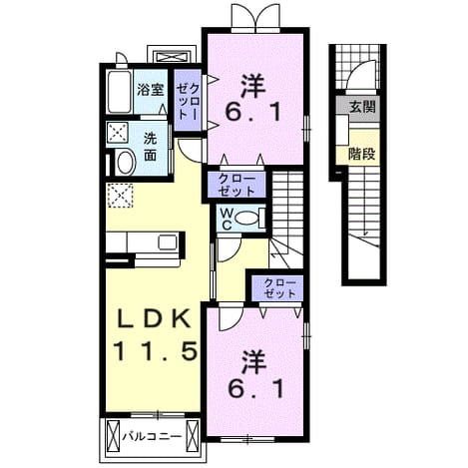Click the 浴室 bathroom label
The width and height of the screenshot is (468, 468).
(151, 90)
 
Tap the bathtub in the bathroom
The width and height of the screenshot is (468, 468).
(119, 92)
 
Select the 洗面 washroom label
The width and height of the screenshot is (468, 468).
(151, 147)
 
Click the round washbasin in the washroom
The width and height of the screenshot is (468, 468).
(125, 163)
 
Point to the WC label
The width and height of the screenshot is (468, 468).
(227, 219)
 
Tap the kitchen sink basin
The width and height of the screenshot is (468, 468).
(168, 241)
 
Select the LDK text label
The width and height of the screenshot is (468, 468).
(155, 320)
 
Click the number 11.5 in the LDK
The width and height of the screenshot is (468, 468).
(156, 352)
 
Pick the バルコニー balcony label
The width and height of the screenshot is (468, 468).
(152, 436)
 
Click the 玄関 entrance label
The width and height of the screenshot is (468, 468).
(362, 107)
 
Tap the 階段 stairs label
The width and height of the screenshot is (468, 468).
(362, 154)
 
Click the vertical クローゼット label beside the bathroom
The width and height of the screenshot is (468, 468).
(188, 101)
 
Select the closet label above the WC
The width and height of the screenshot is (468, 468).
(236, 185)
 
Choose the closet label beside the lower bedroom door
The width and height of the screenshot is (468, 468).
(279, 288)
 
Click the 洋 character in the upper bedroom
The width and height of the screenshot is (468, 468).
(253, 87)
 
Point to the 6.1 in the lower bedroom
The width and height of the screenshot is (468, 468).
(256, 388)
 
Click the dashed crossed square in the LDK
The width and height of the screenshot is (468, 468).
(120, 196)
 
